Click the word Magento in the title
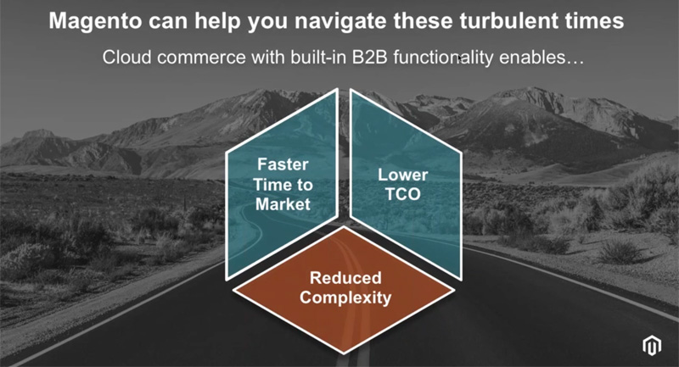[95, 21]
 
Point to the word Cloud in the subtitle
[126, 57]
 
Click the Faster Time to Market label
[283, 185]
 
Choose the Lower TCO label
[402, 185]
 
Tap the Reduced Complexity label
[345, 288]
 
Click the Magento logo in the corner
[652, 345]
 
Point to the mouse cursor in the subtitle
[461, 58]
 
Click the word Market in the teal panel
[283, 204]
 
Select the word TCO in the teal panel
[402, 194]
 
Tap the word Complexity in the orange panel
[345, 297]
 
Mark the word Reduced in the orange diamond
[345, 278]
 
